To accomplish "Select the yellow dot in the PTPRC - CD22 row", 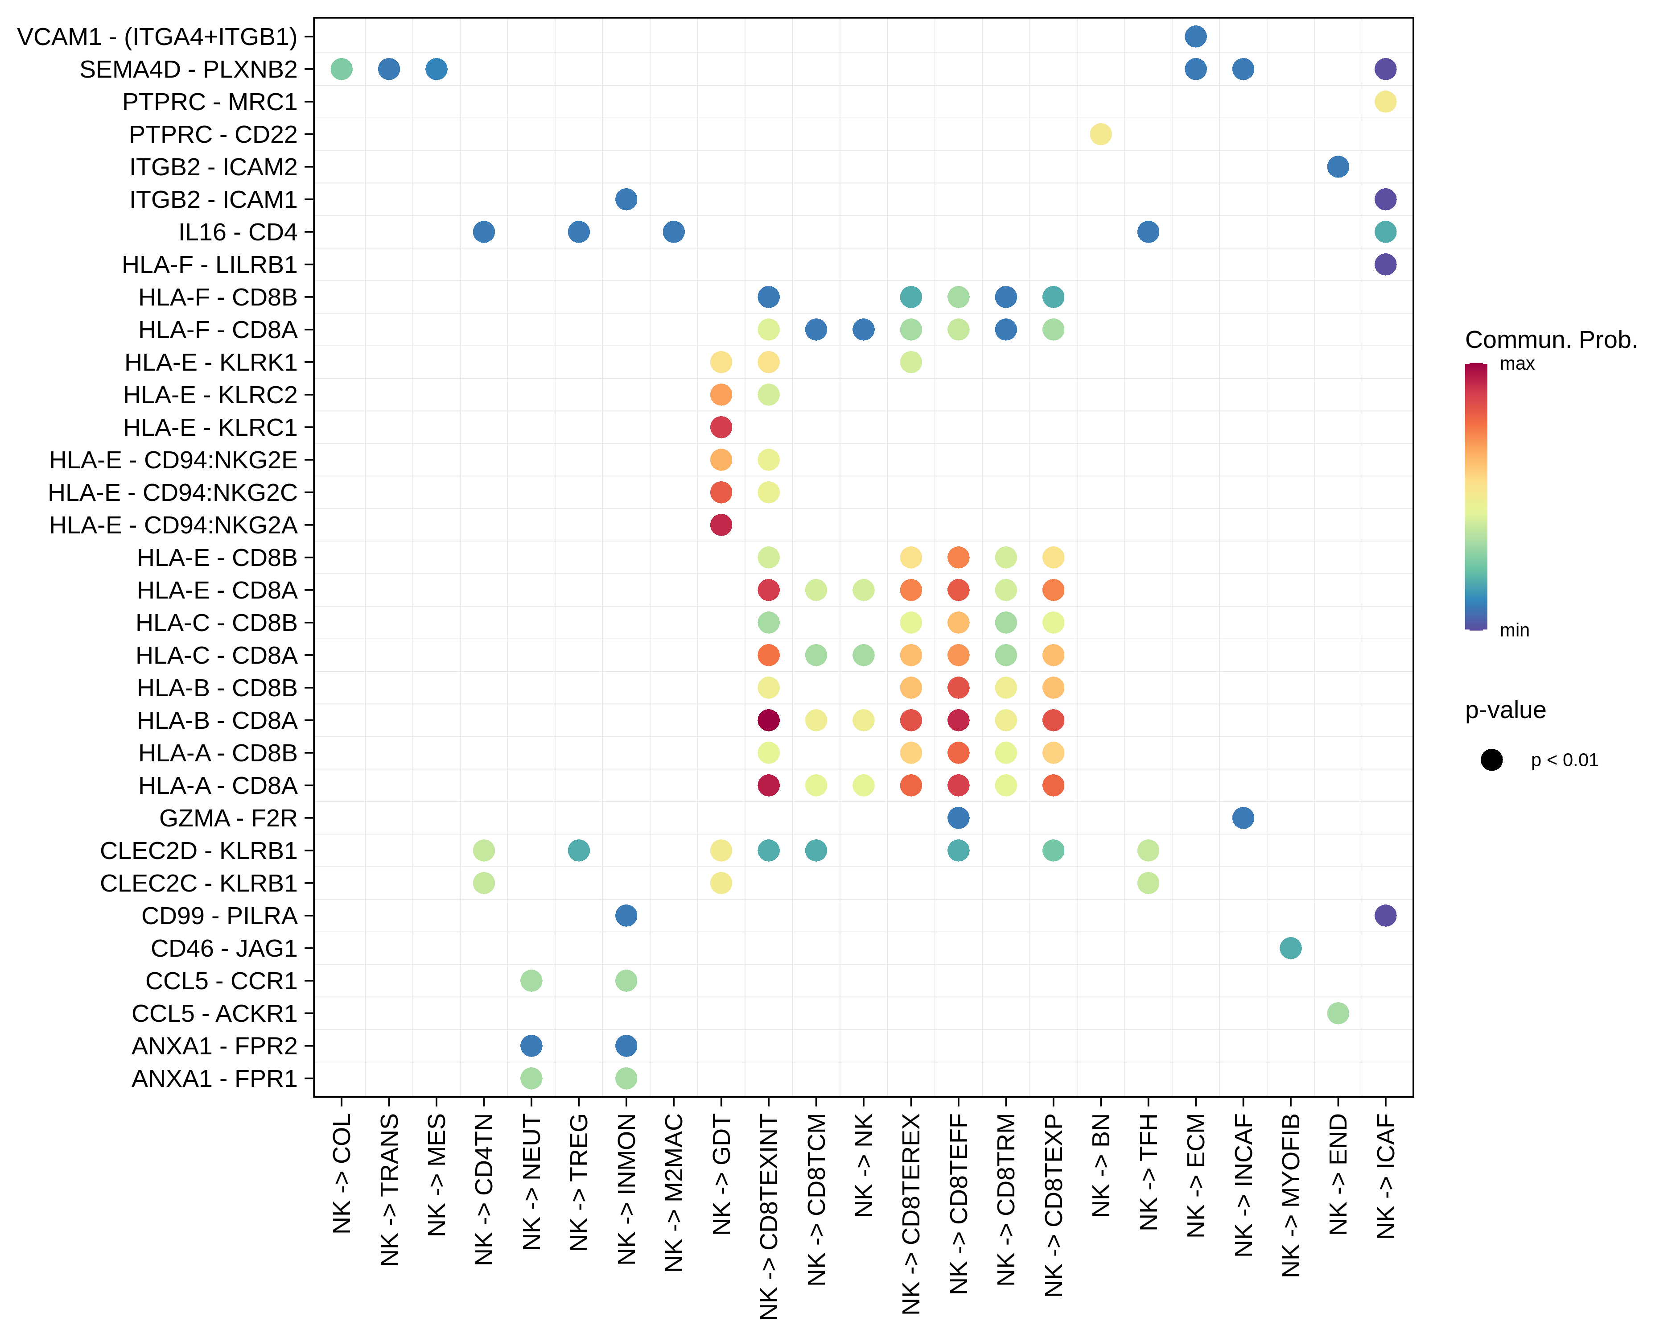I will pos(1100,134).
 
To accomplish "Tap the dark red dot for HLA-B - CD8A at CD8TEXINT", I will pos(769,721).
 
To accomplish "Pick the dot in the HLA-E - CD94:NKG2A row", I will pos(721,525).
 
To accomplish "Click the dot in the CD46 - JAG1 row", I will pos(1290,948).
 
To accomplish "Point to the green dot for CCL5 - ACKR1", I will pos(1338,1013).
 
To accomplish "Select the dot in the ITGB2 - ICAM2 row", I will pos(1338,167).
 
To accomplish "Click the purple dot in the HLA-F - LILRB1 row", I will pos(1385,264).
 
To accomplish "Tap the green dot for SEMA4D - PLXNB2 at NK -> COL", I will pos(341,69).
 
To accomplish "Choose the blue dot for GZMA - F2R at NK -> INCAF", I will pos(1243,818).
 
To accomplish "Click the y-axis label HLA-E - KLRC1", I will pos(210,427).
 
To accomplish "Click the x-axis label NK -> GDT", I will pos(722,1175).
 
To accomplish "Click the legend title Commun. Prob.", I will pos(1551,340).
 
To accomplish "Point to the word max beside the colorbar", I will pos(1517,364).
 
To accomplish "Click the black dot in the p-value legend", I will pos(1491,760).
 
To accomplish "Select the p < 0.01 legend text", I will pos(1564,760).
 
